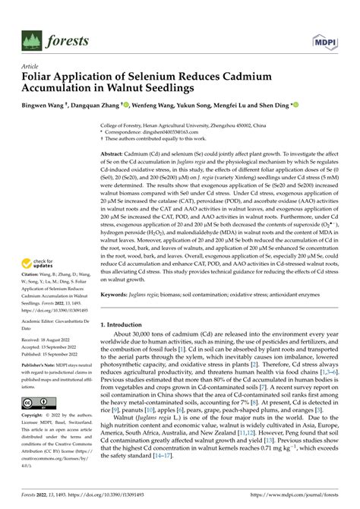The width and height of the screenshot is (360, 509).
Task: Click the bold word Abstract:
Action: pyautogui.click(x=115, y=153)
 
